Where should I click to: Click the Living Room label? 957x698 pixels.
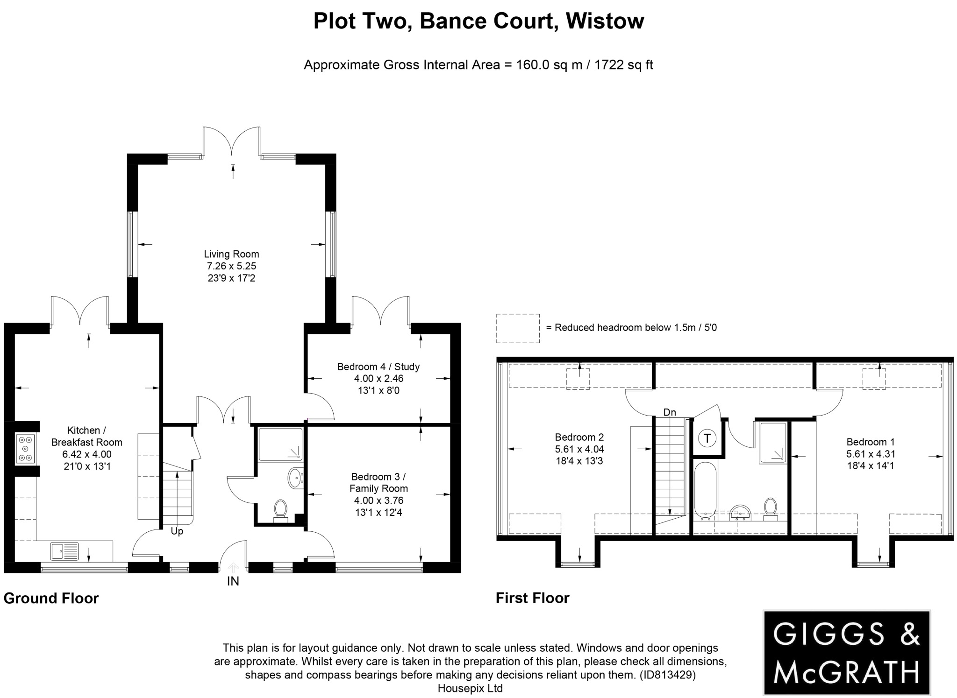231,254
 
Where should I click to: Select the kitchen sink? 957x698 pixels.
64,551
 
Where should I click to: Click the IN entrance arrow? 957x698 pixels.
233,568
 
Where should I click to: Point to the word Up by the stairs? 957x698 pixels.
177,531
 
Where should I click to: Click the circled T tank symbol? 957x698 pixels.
707,438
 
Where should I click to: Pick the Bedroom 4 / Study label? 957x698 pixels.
379,367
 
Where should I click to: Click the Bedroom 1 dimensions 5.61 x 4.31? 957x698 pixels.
871,454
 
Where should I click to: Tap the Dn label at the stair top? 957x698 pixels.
670,412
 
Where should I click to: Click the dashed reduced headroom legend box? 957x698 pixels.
518,328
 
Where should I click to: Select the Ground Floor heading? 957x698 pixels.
51,598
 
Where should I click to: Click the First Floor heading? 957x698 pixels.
532,598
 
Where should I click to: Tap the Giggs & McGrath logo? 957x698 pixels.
847,652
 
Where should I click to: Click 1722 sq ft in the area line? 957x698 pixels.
623,65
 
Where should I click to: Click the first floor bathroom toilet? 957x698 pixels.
770,508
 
